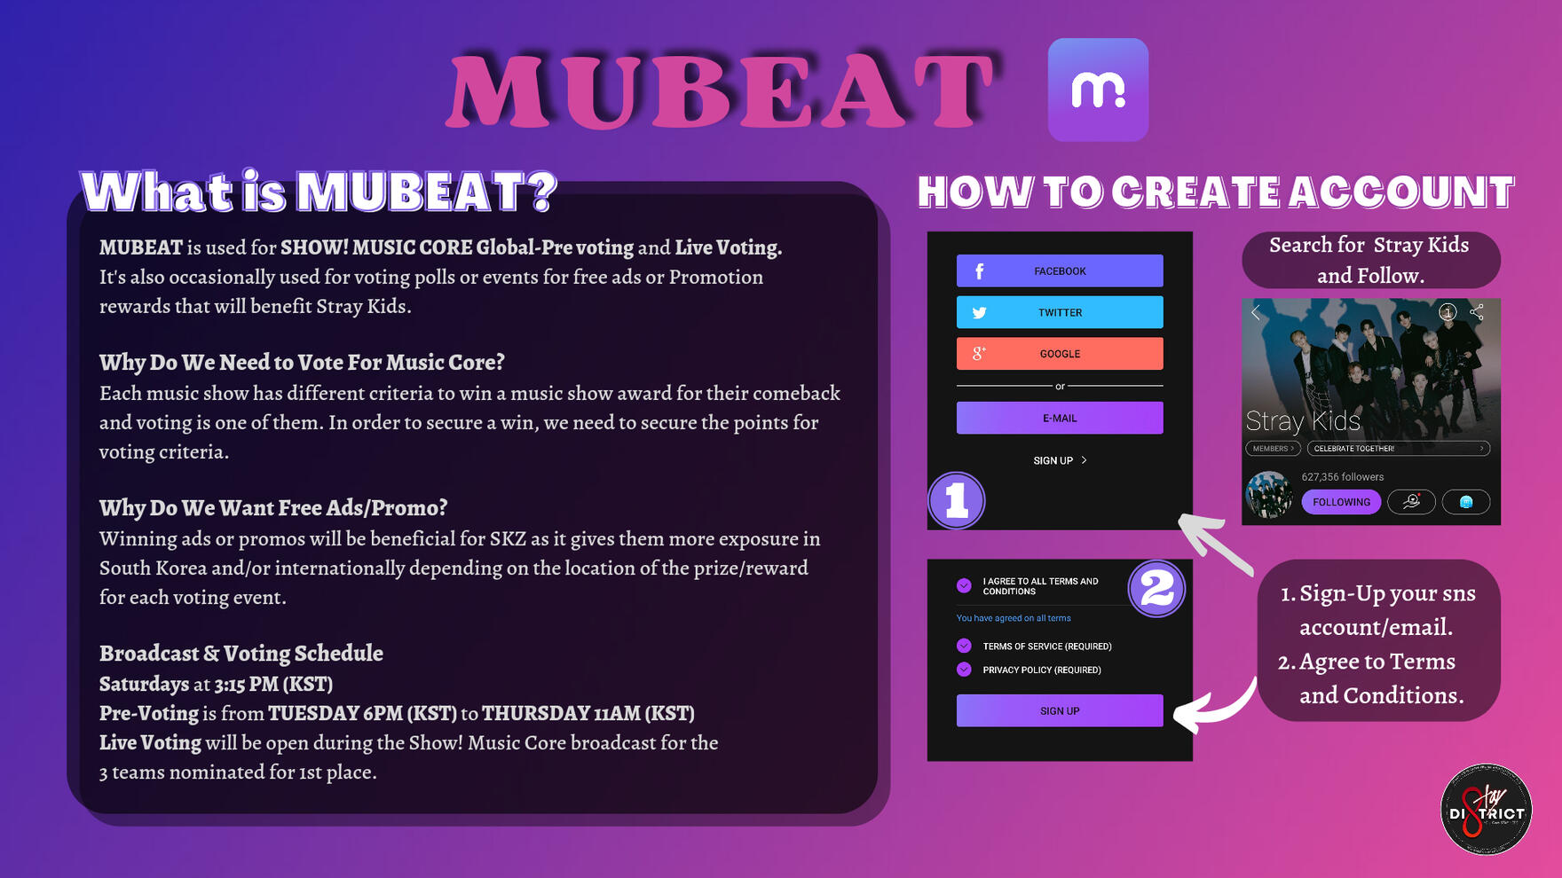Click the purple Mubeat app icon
(1098, 90)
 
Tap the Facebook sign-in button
(1060, 270)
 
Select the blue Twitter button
(1060, 312)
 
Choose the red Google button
(1060, 353)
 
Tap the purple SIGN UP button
(1060, 710)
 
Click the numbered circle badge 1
(956, 500)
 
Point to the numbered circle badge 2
(1156, 588)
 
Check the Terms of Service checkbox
(964, 646)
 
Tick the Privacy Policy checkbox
(964, 670)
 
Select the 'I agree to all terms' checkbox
(964, 585)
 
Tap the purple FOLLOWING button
(1341, 502)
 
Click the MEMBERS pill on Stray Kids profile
(1273, 449)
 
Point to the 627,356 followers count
(1343, 477)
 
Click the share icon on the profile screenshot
(1477, 312)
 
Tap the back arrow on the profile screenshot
(1256, 312)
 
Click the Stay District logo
(1487, 810)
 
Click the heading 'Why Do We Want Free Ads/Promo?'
(273, 508)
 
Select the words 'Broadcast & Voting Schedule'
(241, 654)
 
